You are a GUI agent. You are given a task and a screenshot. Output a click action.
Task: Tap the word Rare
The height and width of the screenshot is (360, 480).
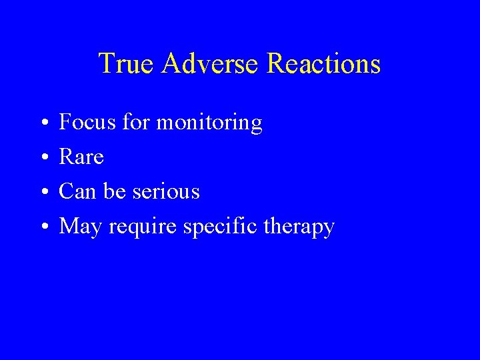(x=81, y=157)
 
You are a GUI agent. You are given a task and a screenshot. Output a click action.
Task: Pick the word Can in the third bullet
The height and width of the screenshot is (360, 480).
(x=77, y=192)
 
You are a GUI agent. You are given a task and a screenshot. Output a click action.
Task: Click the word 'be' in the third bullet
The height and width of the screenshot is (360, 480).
(x=111, y=192)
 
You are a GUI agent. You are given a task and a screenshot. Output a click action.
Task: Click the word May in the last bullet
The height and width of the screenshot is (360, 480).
(x=79, y=228)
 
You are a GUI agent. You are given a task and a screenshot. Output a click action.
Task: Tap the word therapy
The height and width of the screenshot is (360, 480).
(x=298, y=228)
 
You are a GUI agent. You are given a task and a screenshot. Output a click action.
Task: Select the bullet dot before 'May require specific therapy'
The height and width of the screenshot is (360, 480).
(x=42, y=228)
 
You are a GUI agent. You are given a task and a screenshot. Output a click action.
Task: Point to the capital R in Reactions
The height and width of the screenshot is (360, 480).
(x=275, y=64)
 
